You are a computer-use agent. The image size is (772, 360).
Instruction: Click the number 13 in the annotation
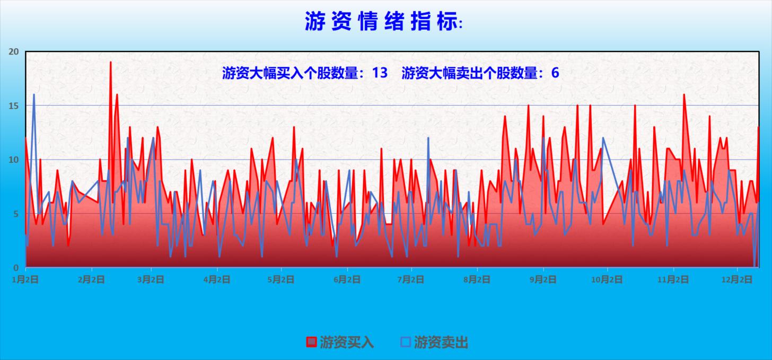coord(380,73)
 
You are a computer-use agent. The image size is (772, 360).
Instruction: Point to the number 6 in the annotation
coord(555,73)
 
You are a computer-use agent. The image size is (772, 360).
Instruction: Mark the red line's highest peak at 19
coord(110,63)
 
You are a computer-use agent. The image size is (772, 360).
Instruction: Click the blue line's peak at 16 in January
coord(34,95)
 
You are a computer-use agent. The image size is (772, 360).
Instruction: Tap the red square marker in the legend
coord(311,342)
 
